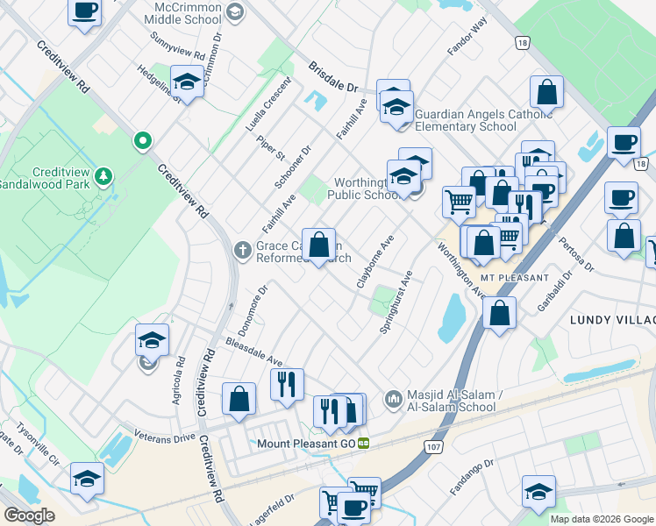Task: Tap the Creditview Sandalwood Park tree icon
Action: (x=104, y=176)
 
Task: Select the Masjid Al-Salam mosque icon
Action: (x=392, y=399)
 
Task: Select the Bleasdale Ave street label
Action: (x=253, y=351)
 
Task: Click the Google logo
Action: (x=29, y=515)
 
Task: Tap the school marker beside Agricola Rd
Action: (x=152, y=340)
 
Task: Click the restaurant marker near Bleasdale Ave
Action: (x=287, y=384)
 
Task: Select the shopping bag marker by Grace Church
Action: (x=318, y=244)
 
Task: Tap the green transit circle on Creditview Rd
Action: (x=142, y=140)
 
